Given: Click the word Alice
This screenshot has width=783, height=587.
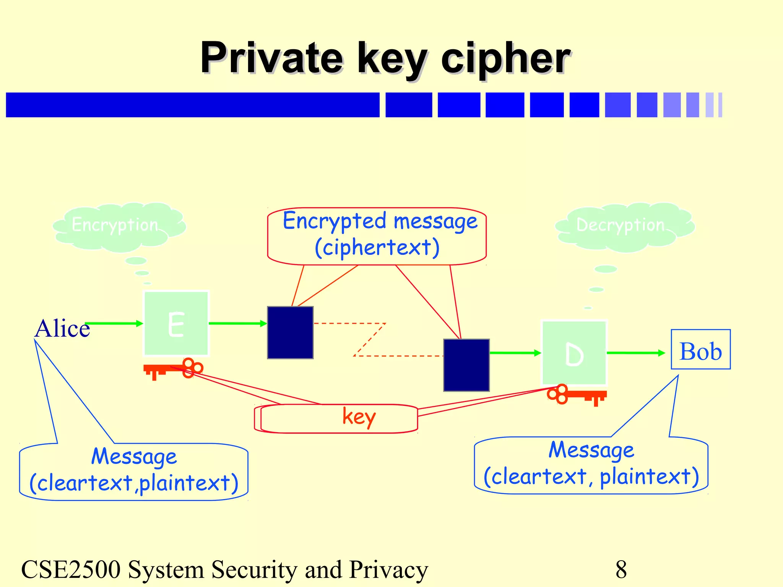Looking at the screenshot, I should [x=62, y=329].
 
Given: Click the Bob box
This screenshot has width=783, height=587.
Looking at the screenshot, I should [x=700, y=350].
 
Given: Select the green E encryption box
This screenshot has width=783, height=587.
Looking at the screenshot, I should [x=176, y=323].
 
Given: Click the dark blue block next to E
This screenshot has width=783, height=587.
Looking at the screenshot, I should [x=290, y=332].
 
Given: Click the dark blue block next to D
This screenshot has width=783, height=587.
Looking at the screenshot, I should [x=466, y=365].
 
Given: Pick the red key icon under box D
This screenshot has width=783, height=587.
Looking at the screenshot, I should [x=577, y=395].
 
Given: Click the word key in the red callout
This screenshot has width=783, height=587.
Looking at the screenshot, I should [x=359, y=417].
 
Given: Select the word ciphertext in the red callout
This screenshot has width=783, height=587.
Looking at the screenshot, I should [x=377, y=248].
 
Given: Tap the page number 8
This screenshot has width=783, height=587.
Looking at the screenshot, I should [x=621, y=569].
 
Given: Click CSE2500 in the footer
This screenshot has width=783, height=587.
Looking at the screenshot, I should [x=70, y=569].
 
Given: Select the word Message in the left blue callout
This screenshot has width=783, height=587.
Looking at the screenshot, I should [x=134, y=457].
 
